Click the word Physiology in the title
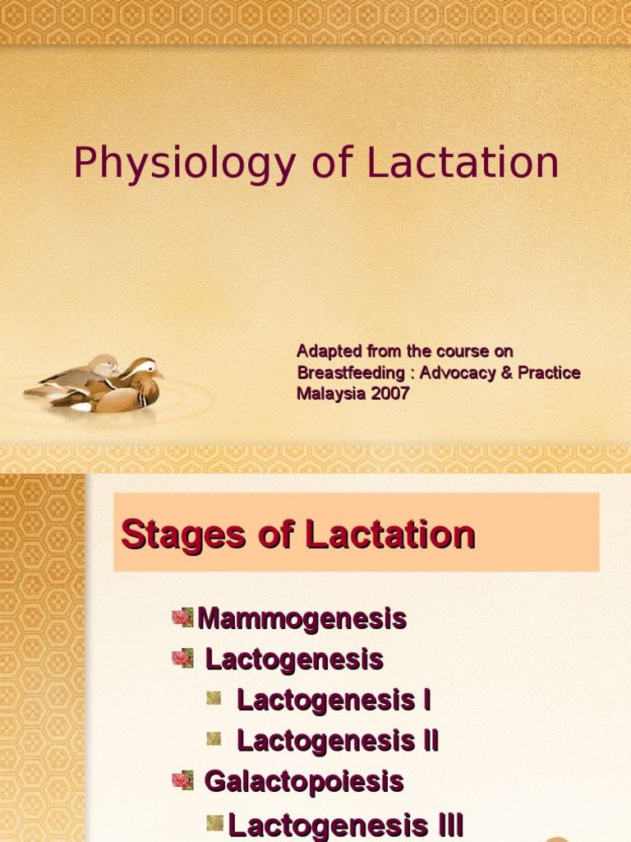click(184, 164)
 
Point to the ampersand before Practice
click(506, 372)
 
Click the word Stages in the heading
click(168, 534)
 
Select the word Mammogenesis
click(302, 618)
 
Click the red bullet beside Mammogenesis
click(182, 618)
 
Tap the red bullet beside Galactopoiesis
click(182, 780)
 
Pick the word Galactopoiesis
click(304, 781)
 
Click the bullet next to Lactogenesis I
click(214, 698)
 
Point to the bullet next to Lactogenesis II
click(214, 738)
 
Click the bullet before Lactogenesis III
click(215, 822)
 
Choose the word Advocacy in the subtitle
click(457, 372)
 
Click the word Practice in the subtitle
click(548, 372)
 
